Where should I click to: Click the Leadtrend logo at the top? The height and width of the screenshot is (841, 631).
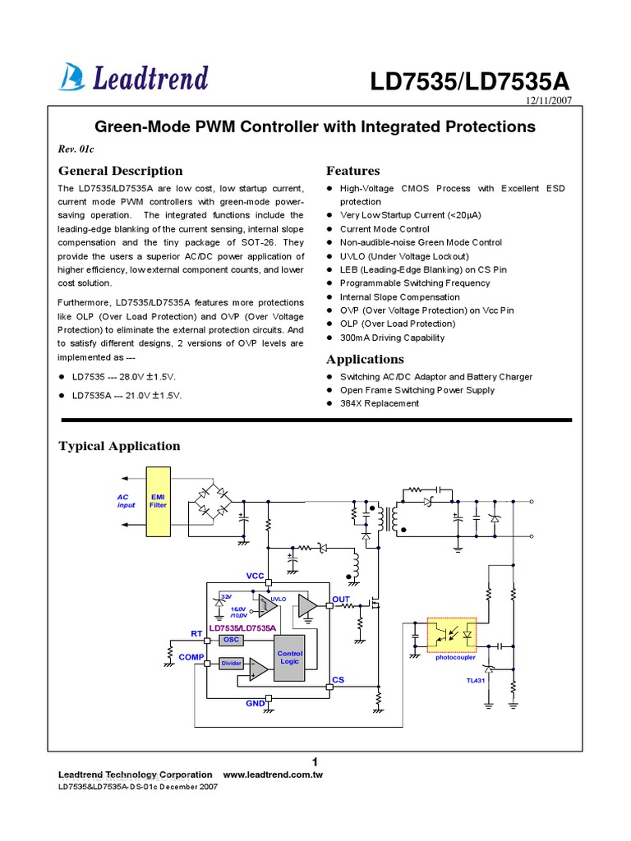coord(133,77)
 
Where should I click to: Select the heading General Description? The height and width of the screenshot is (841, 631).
coord(120,171)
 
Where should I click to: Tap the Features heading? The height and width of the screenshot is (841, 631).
coord(352,171)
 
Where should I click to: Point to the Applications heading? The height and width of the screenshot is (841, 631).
coord(365,359)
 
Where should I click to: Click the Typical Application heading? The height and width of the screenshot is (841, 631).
coord(119,446)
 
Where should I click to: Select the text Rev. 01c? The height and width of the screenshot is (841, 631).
coord(77,149)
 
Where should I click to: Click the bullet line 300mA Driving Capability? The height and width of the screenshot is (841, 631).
coord(392,338)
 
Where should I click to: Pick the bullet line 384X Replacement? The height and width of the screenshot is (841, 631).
coord(379,403)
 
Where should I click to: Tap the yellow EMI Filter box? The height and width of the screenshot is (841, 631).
coord(158,502)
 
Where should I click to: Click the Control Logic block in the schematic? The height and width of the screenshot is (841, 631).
coord(290,658)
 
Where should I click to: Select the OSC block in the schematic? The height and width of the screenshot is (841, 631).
coord(232,640)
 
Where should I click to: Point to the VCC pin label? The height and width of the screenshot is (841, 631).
coord(256,577)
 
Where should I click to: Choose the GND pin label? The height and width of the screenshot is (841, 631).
coord(255,704)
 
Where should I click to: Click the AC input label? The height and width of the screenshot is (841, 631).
coord(125,501)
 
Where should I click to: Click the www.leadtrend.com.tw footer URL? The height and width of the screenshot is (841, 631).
coord(273,775)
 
